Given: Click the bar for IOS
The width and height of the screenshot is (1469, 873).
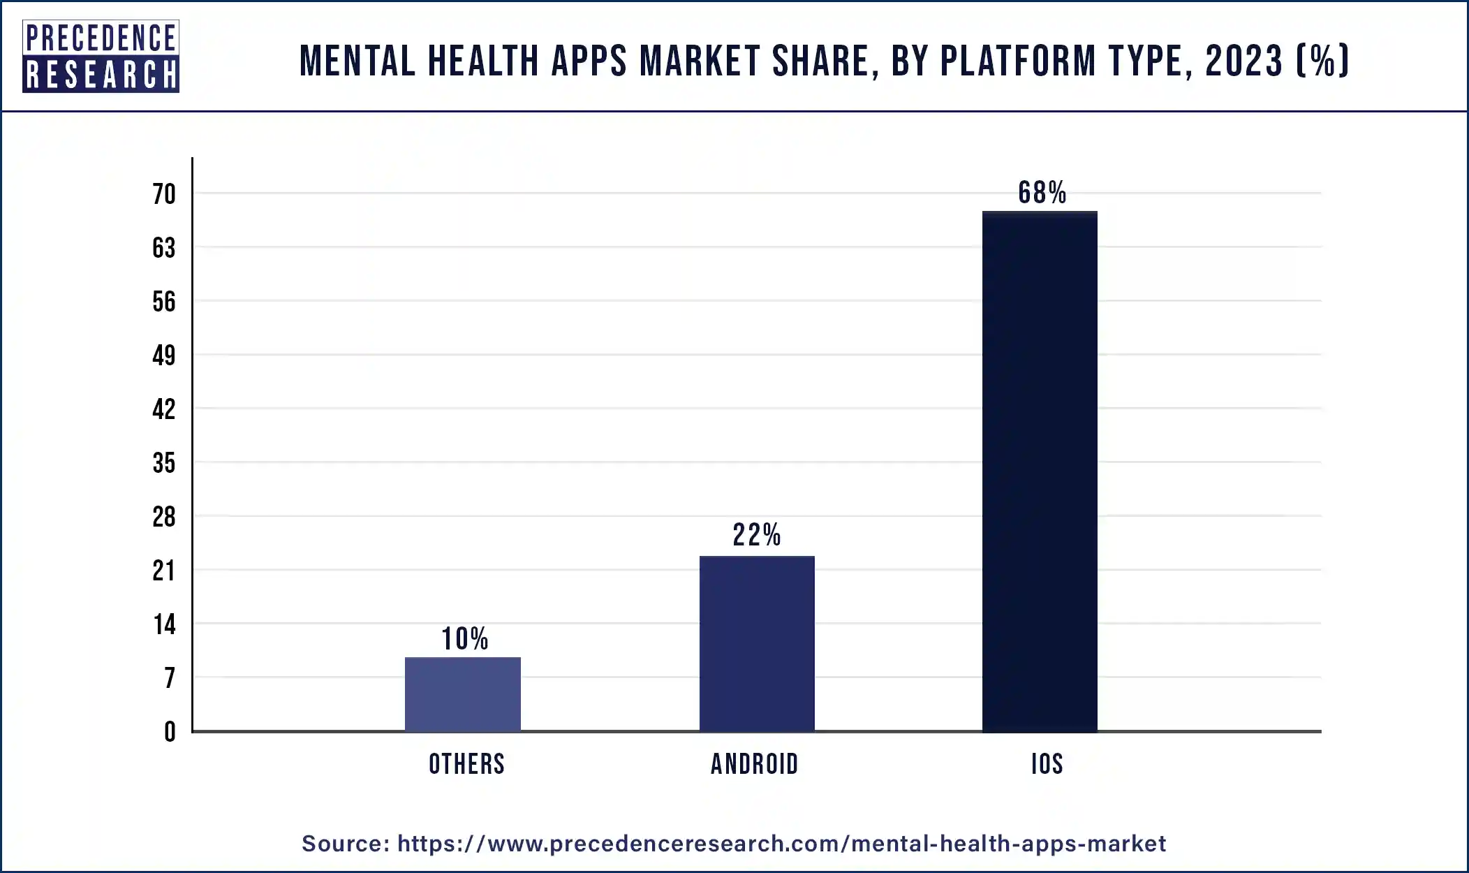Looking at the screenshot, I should (1039, 471).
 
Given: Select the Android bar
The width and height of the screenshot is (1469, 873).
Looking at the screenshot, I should (757, 643).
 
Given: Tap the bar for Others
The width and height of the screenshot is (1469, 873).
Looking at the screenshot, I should (462, 694).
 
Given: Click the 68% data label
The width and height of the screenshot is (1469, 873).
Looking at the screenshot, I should (1042, 193).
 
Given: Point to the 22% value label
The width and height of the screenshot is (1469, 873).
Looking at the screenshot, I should (757, 536).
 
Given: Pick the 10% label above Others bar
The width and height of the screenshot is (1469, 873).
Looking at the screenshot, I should (465, 639).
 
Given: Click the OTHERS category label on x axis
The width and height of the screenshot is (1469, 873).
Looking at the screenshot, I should (466, 764).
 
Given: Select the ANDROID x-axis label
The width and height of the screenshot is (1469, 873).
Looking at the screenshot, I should (754, 764).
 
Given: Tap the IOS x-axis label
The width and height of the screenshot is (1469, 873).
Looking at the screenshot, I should (1047, 764).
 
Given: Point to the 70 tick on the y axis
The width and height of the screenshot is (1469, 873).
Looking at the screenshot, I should (164, 194).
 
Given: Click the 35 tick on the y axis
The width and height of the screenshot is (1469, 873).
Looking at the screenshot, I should (164, 463).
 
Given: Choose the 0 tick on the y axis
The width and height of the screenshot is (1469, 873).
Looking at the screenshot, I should (170, 732).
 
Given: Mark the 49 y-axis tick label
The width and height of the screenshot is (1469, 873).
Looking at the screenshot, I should (164, 355).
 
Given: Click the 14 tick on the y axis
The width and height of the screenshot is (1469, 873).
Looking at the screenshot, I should (164, 624).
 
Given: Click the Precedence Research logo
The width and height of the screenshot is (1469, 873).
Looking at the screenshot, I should (101, 57).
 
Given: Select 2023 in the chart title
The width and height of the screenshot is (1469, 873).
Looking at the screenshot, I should (1243, 61).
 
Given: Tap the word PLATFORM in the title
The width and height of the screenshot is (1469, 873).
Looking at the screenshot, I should (1019, 61).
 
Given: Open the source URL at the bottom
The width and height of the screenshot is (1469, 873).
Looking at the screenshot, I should (781, 844).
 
